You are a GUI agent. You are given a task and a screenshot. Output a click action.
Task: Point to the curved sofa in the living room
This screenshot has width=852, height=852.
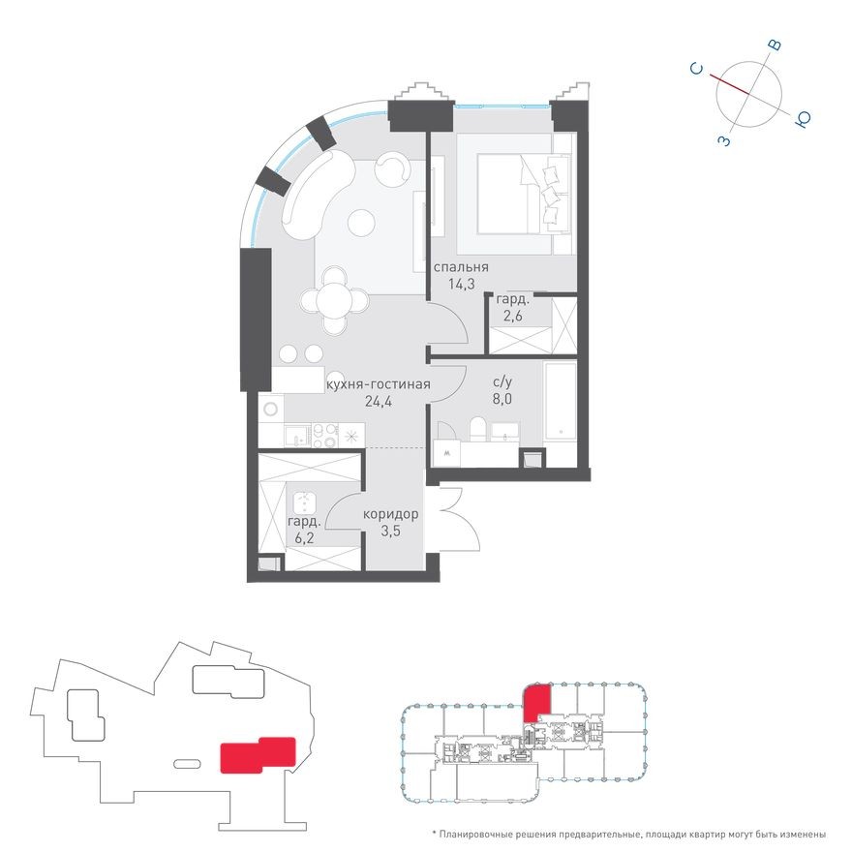(312, 194)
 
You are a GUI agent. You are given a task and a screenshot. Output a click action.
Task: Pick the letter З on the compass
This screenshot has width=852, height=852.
(723, 140)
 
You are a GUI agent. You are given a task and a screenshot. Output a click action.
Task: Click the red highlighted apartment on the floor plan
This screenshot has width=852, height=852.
(536, 699)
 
